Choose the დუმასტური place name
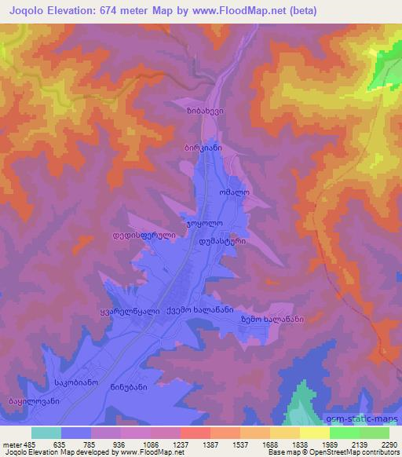click(x=223, y=242)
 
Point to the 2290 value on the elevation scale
click(x=389, y=444)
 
